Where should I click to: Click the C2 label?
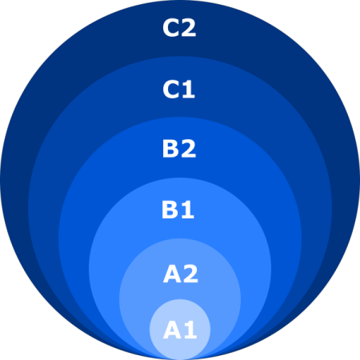(179, 28)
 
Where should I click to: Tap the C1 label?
(178, 90)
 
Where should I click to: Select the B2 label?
(179, 149)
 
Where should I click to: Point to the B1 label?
(178, 210)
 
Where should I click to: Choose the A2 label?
(181, 274)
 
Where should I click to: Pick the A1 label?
(180, 330)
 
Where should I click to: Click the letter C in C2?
(170, 28)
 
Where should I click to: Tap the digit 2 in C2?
(189, 28)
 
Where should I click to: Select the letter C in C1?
(170, 90)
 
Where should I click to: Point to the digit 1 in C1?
(188, 90)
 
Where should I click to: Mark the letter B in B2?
(170, 149)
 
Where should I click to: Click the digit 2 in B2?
(189, 149)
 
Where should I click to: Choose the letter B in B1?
(170, 210)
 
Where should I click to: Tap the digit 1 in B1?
(188, 210)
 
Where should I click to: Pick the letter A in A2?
(172, 274)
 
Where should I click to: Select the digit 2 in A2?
(190, 274)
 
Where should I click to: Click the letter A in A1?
(172, 330)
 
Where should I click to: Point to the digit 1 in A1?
(190, 330)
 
